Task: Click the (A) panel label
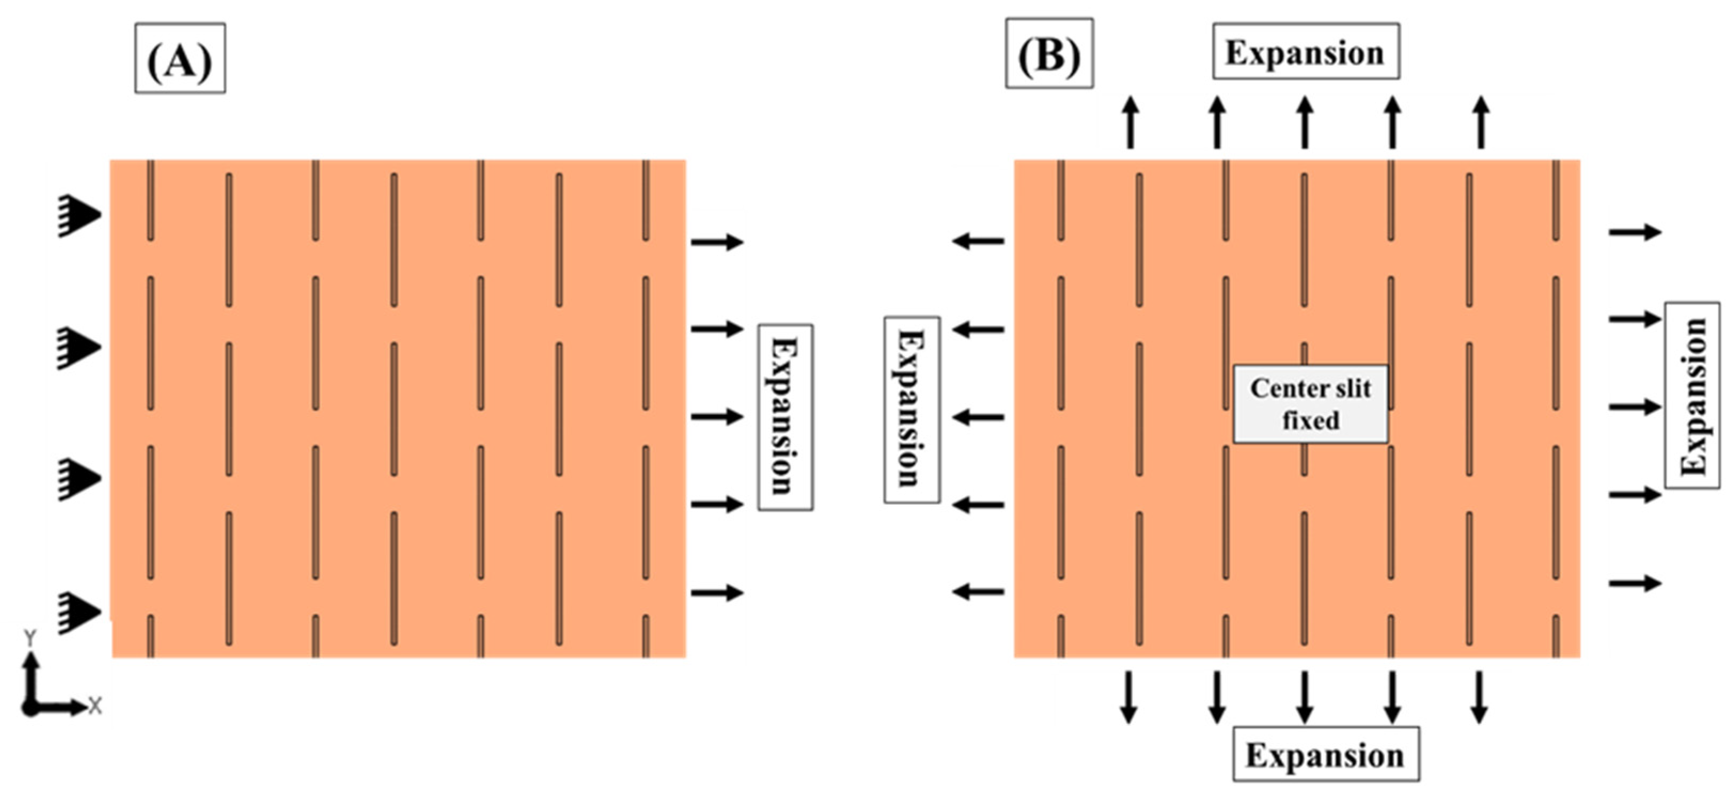(x=179, y=59)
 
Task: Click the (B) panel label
(x=1049, y=54)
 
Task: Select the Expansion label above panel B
(x=1306, y=52)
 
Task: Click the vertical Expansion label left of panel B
(x=911, y=410)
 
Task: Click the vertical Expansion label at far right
(x=1691, y=395)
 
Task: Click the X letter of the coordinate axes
(x=95, y=706)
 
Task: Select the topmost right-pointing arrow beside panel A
(x=717, y=241)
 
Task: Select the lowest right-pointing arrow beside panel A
(x=717, y=592)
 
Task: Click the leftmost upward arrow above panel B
(x=1130, y=122)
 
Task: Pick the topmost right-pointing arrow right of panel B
(x=1634, y=232)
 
